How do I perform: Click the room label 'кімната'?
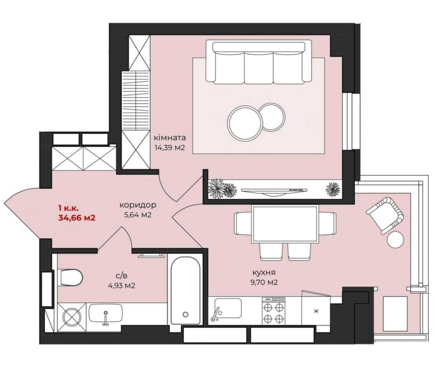click(170, 137)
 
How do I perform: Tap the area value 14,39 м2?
click(170, 148)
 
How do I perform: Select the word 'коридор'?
click(138, 205)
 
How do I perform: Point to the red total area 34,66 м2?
click(77, 218)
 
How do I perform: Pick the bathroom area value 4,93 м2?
click(122, 286)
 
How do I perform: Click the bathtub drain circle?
click(186, 314)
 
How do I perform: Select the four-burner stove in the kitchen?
click(274, 311)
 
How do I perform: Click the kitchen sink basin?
click(228, 308)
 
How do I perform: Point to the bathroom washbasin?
click(106, 313)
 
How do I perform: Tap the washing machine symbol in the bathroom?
click(72, 317)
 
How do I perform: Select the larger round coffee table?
click(245, 123)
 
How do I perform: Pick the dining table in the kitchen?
click(285, 224)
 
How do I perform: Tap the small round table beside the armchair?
click(396, 239)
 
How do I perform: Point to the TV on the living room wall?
click(274, 191)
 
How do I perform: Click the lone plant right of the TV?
click(333, 189)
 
